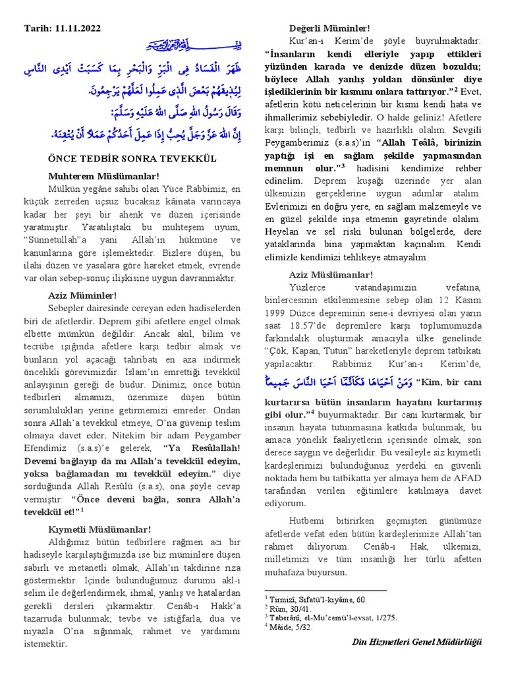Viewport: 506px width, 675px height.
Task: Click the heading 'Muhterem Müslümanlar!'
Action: click(x=103, y=176)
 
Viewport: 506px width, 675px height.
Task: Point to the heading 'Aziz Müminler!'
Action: click(x=82, y=295)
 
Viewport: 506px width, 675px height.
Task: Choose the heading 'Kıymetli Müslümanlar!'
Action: click(x=99, y=529)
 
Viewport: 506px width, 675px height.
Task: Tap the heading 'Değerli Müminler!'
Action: click(x=330, y=28)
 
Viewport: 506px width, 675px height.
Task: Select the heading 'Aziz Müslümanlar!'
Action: click(x=331, y=275)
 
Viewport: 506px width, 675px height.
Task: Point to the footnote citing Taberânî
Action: click(x=322, y=618)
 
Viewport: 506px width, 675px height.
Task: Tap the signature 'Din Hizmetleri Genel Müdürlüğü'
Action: click(x=417, y=642)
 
